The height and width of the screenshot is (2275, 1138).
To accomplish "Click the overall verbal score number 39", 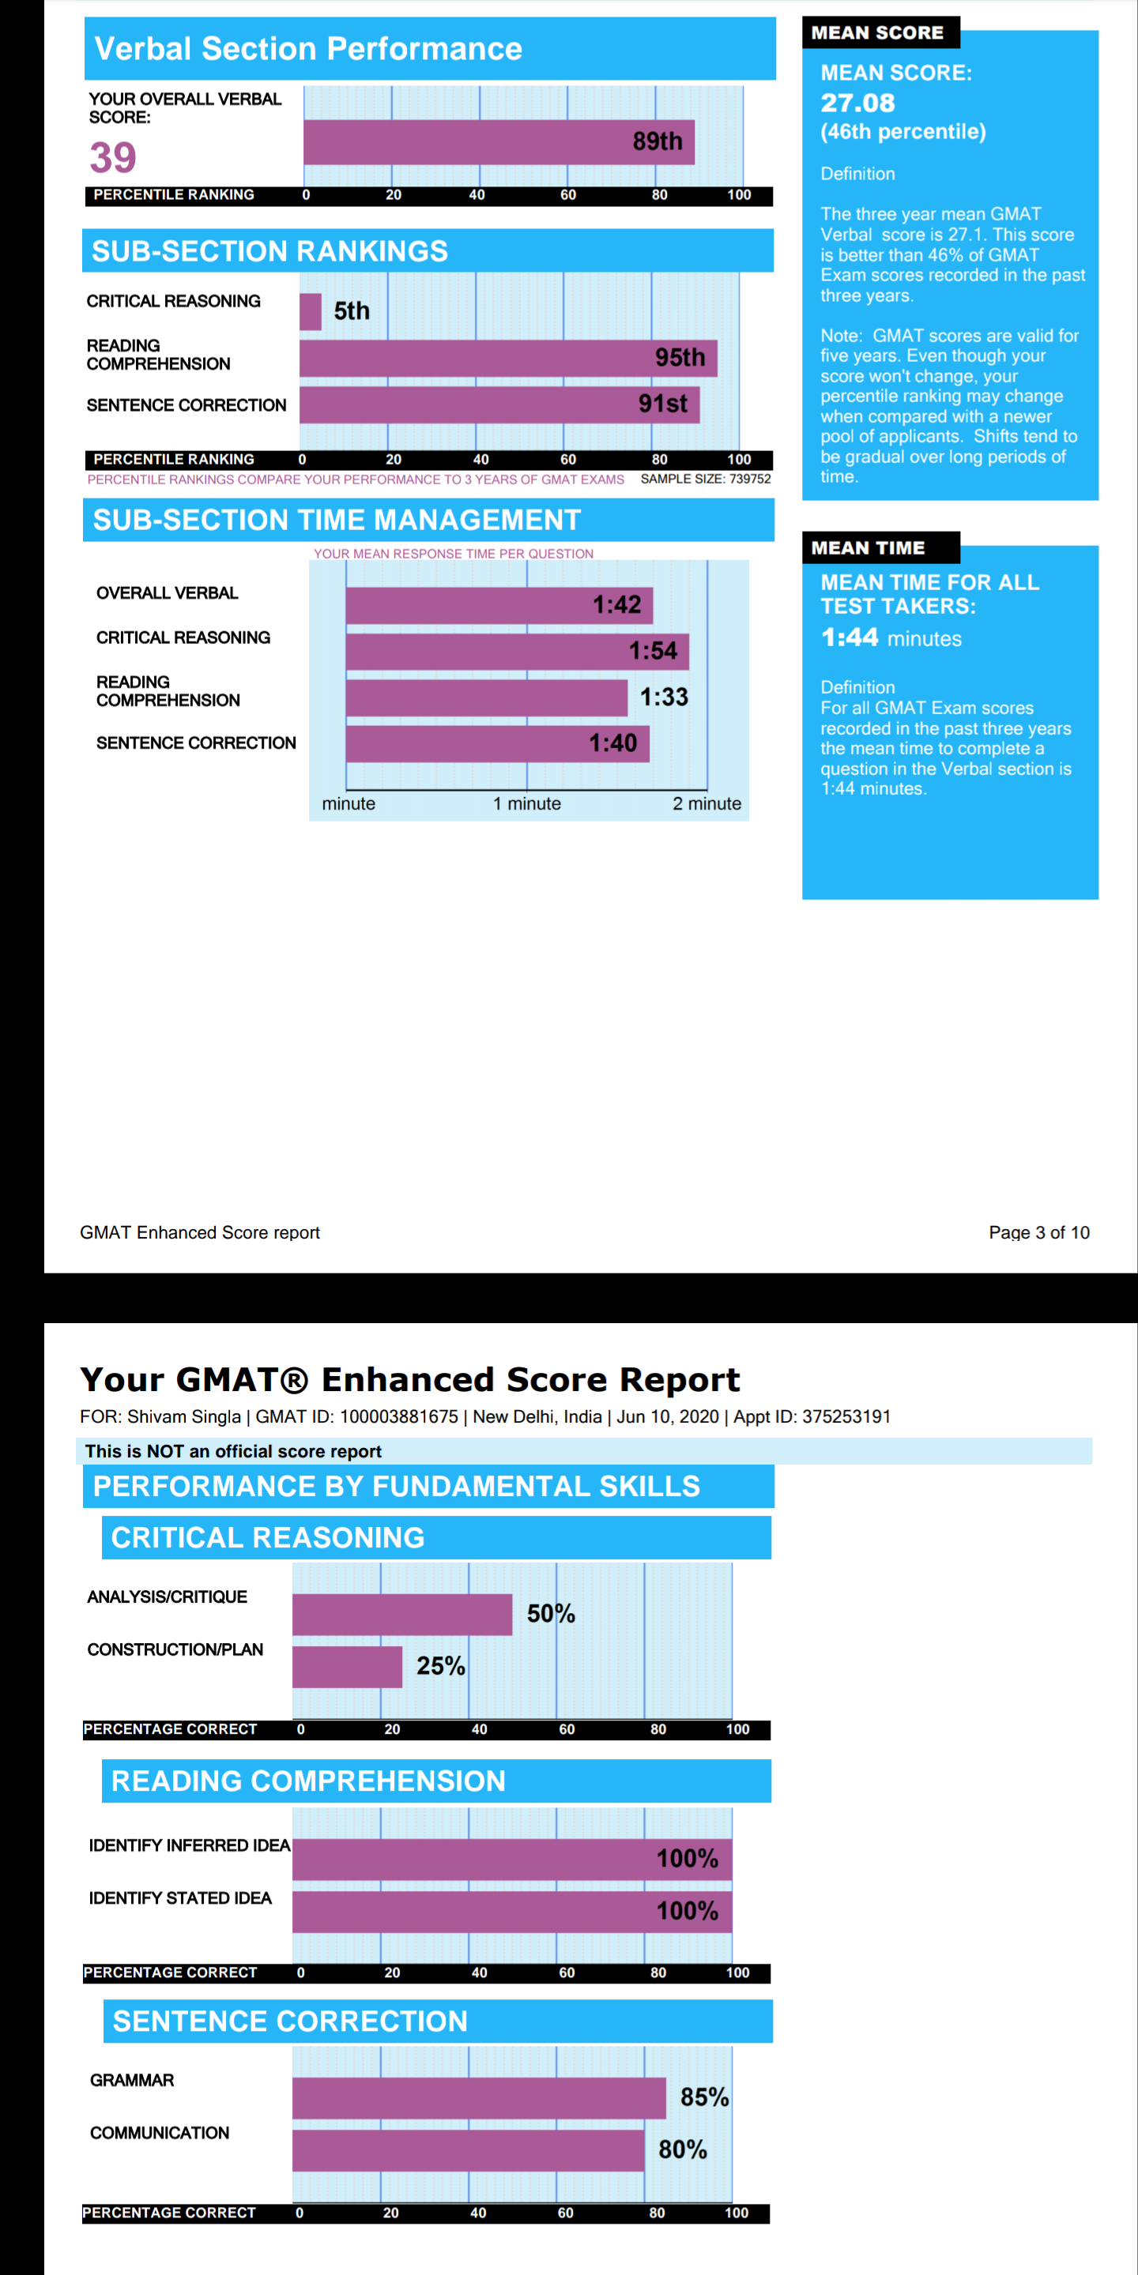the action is [113, 158].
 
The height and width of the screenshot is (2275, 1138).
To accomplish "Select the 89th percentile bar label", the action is [658, 141].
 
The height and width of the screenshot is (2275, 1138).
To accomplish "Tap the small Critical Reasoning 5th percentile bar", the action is [310, 312].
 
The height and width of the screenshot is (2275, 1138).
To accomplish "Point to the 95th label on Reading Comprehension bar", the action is [680, 358].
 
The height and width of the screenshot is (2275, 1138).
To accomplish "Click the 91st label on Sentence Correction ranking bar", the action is [663, 404].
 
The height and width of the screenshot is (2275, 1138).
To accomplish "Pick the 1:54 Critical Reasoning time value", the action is [653, 651].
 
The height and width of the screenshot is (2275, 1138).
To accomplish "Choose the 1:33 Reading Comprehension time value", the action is [664, 697].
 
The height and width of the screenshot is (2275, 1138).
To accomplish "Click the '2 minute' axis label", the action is [707, 803].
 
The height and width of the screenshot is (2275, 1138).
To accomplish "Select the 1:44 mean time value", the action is [849, 637].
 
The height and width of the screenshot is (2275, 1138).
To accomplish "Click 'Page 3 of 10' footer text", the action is [1039, 1232].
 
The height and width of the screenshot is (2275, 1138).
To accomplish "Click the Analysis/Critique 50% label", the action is [551, 1614].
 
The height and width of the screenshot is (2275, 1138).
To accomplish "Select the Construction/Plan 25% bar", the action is [347, 1667].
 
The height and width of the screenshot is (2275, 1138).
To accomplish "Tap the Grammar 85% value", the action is [704, 2096].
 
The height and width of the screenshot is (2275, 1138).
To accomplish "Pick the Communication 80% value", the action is [682, 2149].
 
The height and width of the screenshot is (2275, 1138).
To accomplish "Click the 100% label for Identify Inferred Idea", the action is [687, 1858].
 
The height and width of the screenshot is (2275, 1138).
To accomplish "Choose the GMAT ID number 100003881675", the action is [399, 1416].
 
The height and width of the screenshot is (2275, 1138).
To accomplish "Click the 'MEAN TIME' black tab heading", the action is [868, 547].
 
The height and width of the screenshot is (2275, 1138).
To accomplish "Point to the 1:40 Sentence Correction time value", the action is [612, 743].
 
